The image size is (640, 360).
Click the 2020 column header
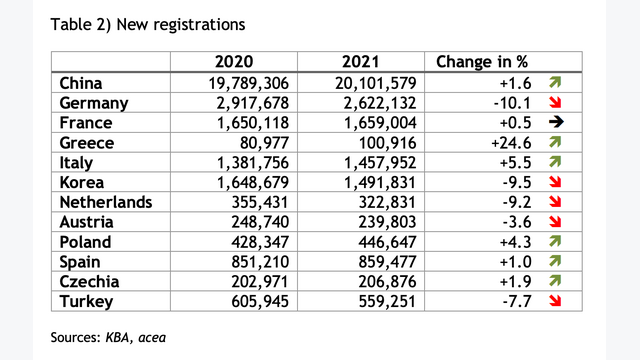(234, 62)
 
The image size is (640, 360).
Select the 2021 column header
(361, 62)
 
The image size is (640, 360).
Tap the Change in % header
(482, 62)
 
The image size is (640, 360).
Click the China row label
(81, 83)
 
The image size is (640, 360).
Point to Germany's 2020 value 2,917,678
(253, 103)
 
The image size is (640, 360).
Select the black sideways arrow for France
(556, 122)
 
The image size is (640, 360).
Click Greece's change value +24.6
(511, 143)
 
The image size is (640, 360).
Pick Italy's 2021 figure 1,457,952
(380, 163)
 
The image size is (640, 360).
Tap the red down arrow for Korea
(555, 182)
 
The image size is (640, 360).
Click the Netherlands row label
(106, 202)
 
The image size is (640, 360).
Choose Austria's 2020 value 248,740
(260, 222)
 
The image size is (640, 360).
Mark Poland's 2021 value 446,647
(387, 242)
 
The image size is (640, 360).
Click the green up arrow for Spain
(555, 261)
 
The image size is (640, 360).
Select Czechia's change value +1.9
(516, 282)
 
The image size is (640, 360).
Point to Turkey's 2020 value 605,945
(260, 302)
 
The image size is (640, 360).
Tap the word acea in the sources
(152, 338)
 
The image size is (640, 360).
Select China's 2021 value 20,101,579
(376, 83)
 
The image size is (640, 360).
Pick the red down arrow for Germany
(555, 102)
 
